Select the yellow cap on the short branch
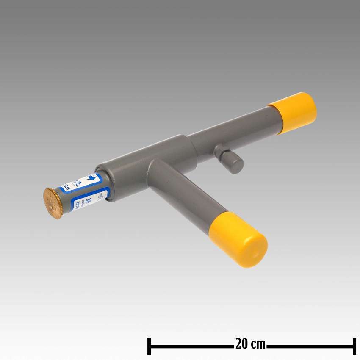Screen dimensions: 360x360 (x=239, y=239)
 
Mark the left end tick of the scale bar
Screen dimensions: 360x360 (x=149, y=346)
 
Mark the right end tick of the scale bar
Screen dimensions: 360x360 (x=354, y=346)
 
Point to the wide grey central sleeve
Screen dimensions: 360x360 (x=140, y=163)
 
